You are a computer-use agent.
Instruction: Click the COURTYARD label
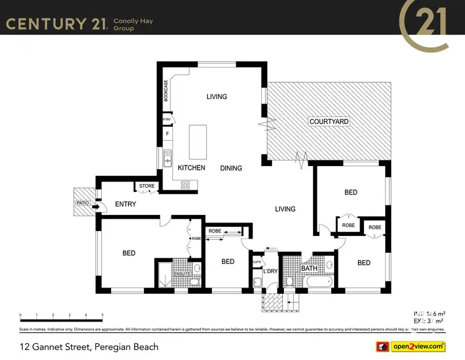pyautogui.click(x=329, y=122)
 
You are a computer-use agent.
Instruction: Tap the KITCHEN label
pyautogui.click(x=192, y=168)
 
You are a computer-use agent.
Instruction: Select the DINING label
pyautogui.click(x=231, y=168)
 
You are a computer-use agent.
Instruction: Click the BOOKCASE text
pyautogui.click(x=166, y=91)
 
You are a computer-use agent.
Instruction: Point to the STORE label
pyautogui.click(x=147, y=186)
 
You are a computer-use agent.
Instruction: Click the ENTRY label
pyautogui.click(x=125, y=204)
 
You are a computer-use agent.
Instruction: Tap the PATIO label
pyautogui.click(x=82, y=203)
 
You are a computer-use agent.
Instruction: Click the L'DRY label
pyautogui.click(x=270, y=271)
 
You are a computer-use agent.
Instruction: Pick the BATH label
pyautogui.click(x=309, y=268)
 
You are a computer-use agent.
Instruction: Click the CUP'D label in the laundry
pyautogui.click(x=257, y=262)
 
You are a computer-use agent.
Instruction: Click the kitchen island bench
pyautogui.click(x=198, y=142)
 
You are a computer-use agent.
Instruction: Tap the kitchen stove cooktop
pyautogui.click(x=185, y=184)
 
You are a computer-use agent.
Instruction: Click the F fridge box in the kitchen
pyautogui.click(x=167, y=133)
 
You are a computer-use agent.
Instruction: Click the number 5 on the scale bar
pyautogui.click(x=102, y=315)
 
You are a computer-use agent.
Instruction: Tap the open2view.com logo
pyautogui.click(x=418, y=346)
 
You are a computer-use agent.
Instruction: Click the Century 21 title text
pyautogui.click(x=55, y=24)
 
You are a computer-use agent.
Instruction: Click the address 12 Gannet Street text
pyautogui.click(x=89, y=347)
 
